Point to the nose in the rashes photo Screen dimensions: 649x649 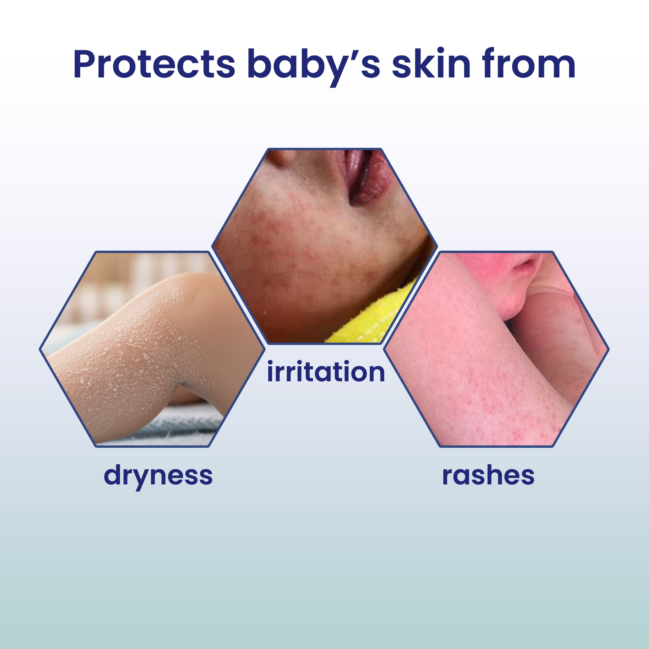527,265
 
